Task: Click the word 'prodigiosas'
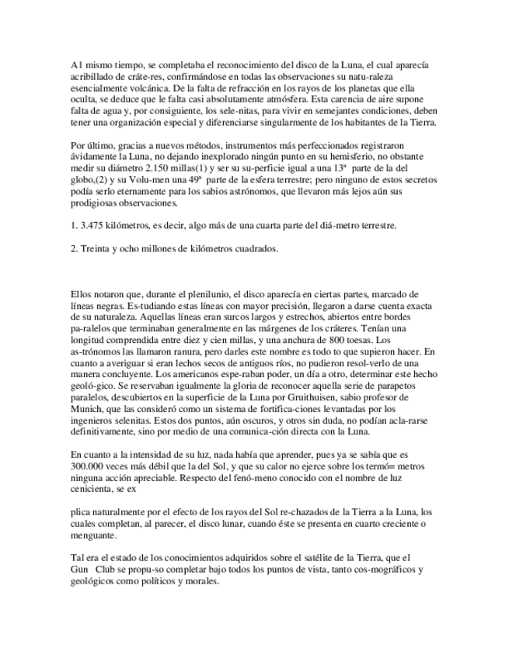[96, 204]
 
